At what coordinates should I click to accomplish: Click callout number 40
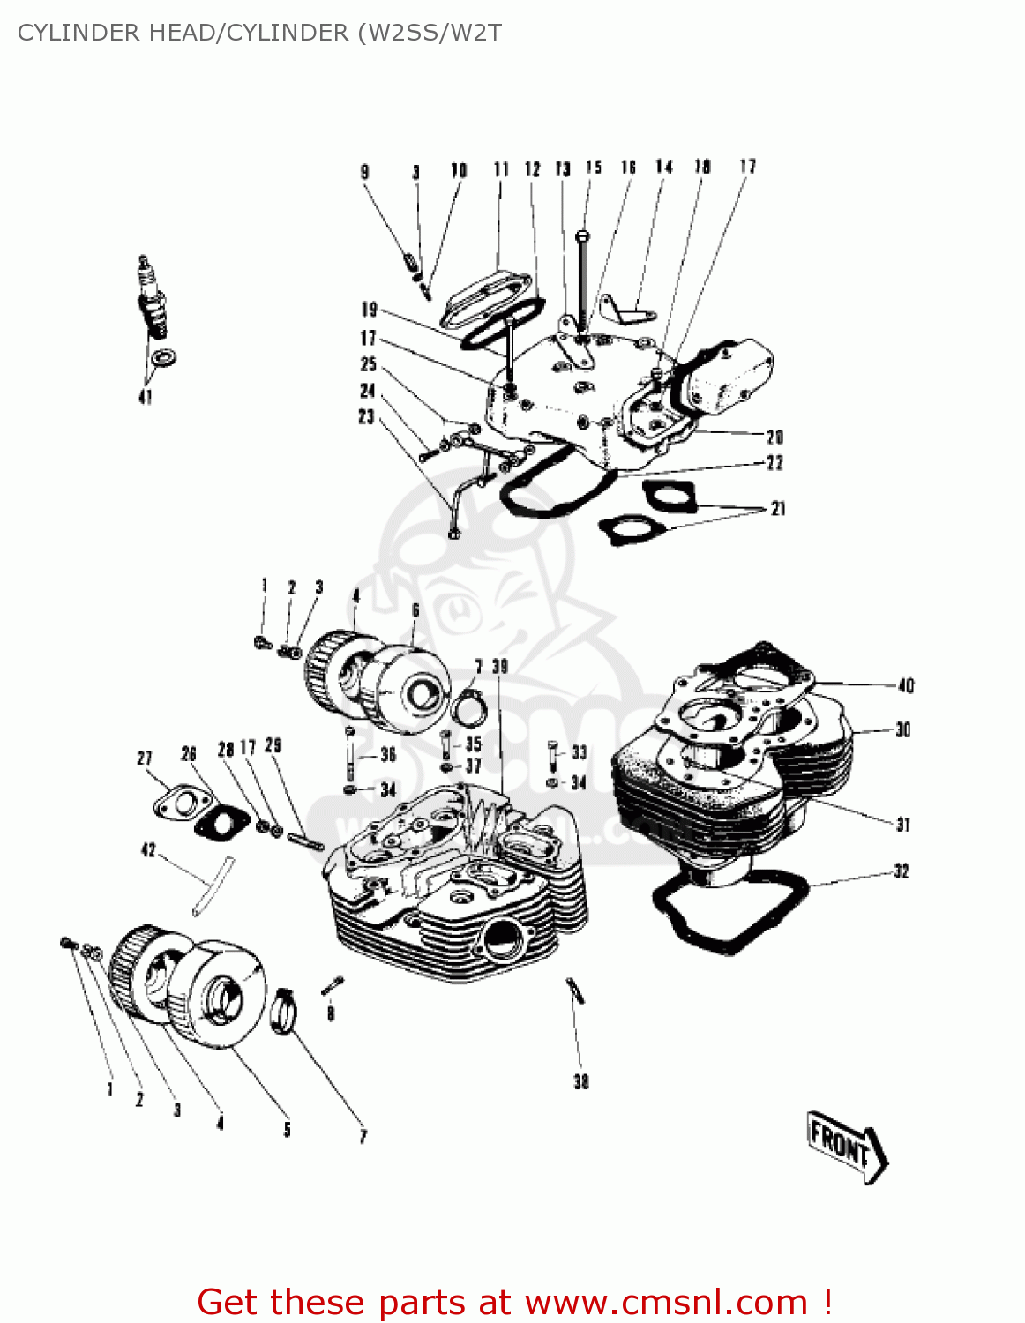click(x=906, y=685)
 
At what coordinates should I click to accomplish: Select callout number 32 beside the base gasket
click(x=901, y=871)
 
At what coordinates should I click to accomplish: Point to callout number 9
click(x=365, y=172)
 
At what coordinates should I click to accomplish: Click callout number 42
click(x=148, y=850)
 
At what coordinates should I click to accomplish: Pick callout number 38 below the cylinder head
click(x=580, y=1081)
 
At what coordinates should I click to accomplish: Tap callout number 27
click(x=145, y=759)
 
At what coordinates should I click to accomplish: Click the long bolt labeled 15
click(x=581, y=282)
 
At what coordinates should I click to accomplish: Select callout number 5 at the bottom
click(x=287, y=1130)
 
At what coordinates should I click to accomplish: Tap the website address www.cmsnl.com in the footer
click(x=666, y=1302)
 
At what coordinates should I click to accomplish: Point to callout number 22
click(x=774, y=463)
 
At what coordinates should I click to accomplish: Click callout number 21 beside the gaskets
click(x=777, y=508)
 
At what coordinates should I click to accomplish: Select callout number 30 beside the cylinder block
click(x=902, y=730)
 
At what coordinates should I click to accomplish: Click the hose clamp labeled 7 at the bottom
click(x=284, y=1013)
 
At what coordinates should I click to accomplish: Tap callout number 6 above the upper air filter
click(x=415, y=610)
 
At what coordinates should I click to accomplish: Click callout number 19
click(x=369, y=310)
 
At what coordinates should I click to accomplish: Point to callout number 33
click(x=579, y=752)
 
